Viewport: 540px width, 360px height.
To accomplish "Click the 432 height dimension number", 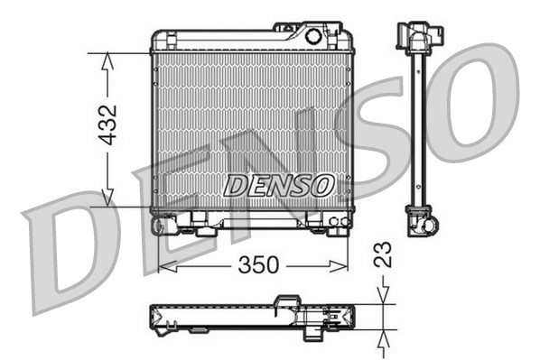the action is (x=107, y=125).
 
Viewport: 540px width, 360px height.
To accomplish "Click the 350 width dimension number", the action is (x=258, y=264).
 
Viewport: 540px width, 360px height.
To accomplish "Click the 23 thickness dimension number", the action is (x=383, y=254).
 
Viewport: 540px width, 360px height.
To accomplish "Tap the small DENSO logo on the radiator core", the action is (x=279, y=185).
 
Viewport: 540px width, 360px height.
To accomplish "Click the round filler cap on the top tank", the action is (x=313, y=36).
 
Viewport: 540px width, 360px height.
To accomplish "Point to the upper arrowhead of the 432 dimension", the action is (x=107, y=61).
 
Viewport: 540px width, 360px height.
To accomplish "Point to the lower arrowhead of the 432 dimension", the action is (x=107, y=198).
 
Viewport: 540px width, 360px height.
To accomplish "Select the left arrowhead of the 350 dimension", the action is (x=168, y=266).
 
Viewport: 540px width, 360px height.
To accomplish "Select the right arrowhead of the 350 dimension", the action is (x=339, y=266).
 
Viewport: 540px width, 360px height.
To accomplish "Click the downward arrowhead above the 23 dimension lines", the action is (x=383, y=295).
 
